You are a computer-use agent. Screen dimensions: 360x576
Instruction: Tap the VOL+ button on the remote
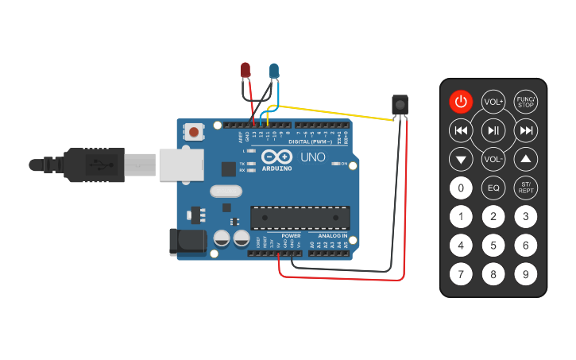click(493, 102)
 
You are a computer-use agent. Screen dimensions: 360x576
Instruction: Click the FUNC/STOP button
click(526, 102)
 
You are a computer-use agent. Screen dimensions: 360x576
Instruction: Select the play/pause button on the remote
click(493, 130)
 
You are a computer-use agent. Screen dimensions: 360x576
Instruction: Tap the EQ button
click(493, 188)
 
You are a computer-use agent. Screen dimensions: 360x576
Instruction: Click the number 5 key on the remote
click(493, 246)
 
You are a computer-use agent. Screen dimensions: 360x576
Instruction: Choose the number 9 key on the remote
click(525, 275)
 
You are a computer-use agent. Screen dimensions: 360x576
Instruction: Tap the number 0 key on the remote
click(461, 188)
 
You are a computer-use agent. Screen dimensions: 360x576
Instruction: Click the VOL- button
click(493, 159)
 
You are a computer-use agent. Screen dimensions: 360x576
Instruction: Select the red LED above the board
click(246, 71)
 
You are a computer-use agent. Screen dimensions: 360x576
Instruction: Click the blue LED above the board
click(274, 72)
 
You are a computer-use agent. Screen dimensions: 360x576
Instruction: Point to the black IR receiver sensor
click(401, 104)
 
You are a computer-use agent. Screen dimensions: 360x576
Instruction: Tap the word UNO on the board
click(312, 157)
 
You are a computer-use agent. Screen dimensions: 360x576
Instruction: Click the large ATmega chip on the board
click(300, 218)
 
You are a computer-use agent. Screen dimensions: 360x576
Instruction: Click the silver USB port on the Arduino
click(182, 165)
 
